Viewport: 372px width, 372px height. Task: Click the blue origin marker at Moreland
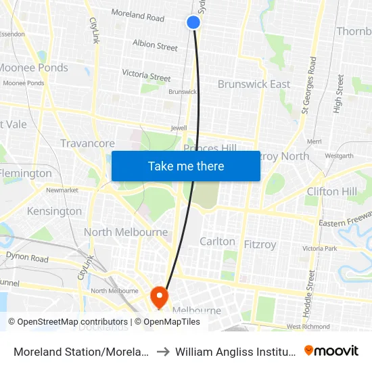[193, 22]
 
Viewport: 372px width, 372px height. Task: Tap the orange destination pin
[159, 296]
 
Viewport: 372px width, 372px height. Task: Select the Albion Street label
[155, 46]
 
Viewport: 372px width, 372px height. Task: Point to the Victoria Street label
[146, 76]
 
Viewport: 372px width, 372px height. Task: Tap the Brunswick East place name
[254, 84]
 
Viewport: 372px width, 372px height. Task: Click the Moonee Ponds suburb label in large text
[33, 68]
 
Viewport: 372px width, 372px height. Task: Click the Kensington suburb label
[54, 211]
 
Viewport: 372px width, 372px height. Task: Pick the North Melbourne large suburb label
[126, 232]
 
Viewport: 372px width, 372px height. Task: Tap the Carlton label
[217, 241]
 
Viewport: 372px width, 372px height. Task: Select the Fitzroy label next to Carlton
[260, 244]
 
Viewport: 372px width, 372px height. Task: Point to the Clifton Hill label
[331, 191]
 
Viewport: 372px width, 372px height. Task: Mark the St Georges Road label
[310, 85]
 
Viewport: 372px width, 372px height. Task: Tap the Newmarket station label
[62, 190]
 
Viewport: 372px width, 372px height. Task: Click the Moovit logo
[331, 350]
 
